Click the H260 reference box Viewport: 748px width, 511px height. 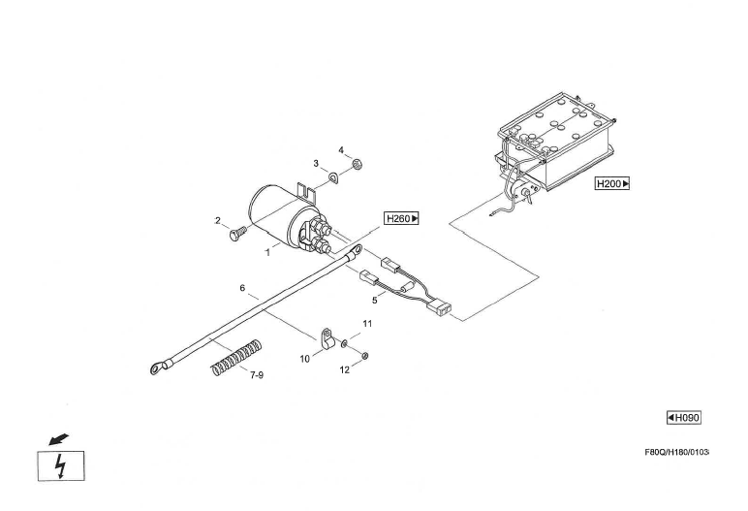click(x=401, y=219)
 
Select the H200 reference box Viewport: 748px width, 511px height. click(x=612, y=183)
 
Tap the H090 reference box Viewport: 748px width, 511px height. click(x=684, y=418)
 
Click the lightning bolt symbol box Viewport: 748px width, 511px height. click(x=61, y=465)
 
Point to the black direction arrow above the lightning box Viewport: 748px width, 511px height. click(x=58, y=439)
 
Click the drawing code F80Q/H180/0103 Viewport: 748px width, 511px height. click(x=677, y=452)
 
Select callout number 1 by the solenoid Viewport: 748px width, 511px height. click(x=267, y=253)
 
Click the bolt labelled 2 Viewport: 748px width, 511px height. click(x=237, y=233)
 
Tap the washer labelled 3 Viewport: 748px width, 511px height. click(x=333, y=178)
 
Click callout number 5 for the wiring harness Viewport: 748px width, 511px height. click(x=374, y=301)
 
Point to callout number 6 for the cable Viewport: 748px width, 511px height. click(x=242, y=288)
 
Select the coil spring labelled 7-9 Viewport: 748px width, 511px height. click(x=236, y=357)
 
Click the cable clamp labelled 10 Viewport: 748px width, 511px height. click(x=327, y=339)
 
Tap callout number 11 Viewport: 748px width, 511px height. click(x=367, y=323)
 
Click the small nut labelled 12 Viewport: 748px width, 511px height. click(x=365, y=355)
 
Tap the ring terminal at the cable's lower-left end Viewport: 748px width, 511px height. click(x=156, y=368)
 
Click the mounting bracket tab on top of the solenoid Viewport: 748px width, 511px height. click(x=306, y=191)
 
